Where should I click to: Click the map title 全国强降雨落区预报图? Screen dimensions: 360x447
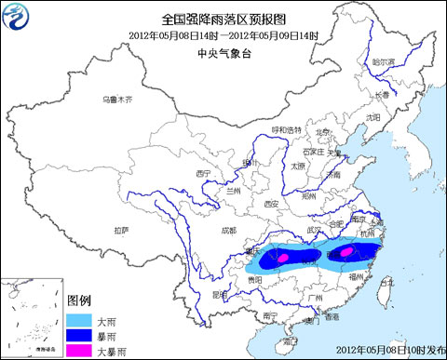click(223, 18)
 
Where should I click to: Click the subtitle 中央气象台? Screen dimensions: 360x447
click(223, 54)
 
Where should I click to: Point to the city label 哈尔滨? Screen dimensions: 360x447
click(384, 61)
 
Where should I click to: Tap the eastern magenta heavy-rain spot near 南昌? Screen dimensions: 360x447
click(346, 251)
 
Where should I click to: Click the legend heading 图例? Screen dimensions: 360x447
click(79, 301)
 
